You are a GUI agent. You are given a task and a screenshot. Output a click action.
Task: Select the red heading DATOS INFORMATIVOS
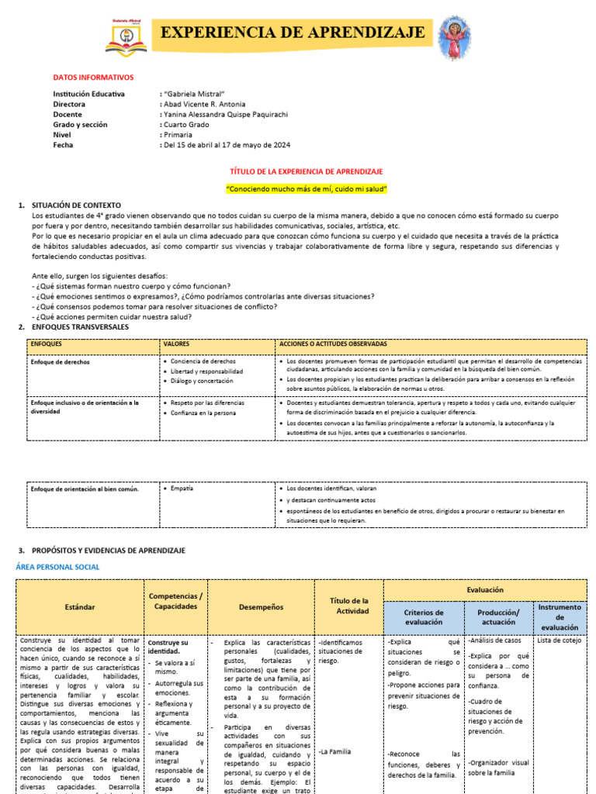click(x=93, y=78)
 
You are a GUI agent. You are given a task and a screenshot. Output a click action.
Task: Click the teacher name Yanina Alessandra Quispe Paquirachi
click(x=226, y=115)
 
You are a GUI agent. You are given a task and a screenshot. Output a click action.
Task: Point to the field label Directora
click(x=70, y=104)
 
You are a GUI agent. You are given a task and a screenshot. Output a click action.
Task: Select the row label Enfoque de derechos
click(x=60, y=362)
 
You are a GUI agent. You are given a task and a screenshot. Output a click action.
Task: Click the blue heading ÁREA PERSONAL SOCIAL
click(x=58, y=568)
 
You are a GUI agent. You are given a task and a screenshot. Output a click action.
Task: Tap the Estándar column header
click(x=80, y=608)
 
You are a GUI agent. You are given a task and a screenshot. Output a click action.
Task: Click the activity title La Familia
click(x=335, y=752)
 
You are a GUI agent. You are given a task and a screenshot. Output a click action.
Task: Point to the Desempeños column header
click(x=261, y=607)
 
